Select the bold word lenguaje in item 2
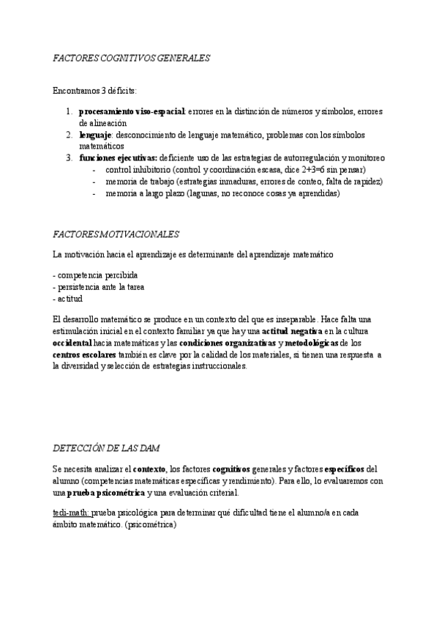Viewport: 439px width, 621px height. (94, 135)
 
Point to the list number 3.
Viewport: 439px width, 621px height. (69, 158)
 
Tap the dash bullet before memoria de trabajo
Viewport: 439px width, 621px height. (95, 182)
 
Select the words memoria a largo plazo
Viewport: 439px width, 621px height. (144, 193)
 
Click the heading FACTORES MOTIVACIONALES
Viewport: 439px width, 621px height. (116, 234)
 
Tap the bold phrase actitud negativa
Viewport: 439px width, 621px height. (292, 332)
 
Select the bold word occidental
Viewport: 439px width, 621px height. (72, 343)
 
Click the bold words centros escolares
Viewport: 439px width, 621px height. (85, 354)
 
